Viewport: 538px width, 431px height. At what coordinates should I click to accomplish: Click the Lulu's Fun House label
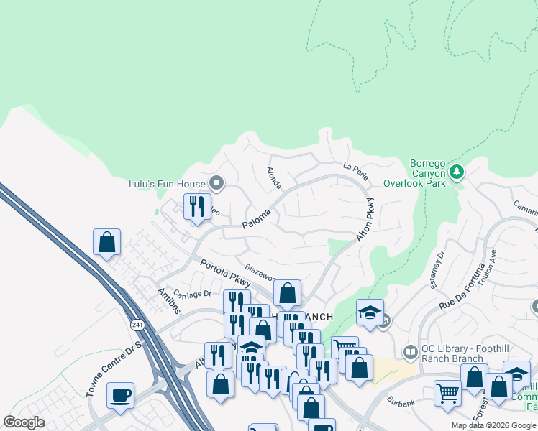coord(168,185)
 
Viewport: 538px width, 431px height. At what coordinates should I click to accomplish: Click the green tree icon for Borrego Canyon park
coord(456,172)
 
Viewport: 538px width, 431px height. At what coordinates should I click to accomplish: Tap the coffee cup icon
coord(120,394)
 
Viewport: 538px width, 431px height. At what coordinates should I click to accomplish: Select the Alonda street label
coord(274,179)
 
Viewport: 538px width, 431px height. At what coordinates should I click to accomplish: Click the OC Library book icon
coord(410,352)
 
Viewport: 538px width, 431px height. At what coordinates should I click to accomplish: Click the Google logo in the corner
coord(24,422)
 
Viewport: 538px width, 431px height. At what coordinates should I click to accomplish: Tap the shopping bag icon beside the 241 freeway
coord(106,242)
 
